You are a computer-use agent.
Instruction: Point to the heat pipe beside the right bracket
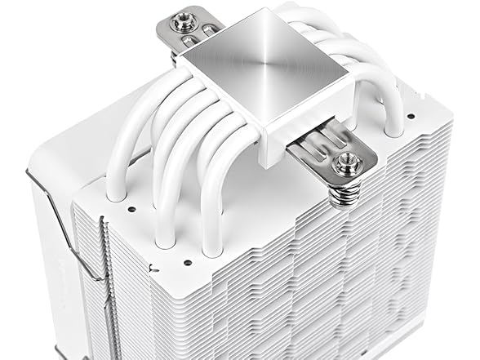pos(392,122)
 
